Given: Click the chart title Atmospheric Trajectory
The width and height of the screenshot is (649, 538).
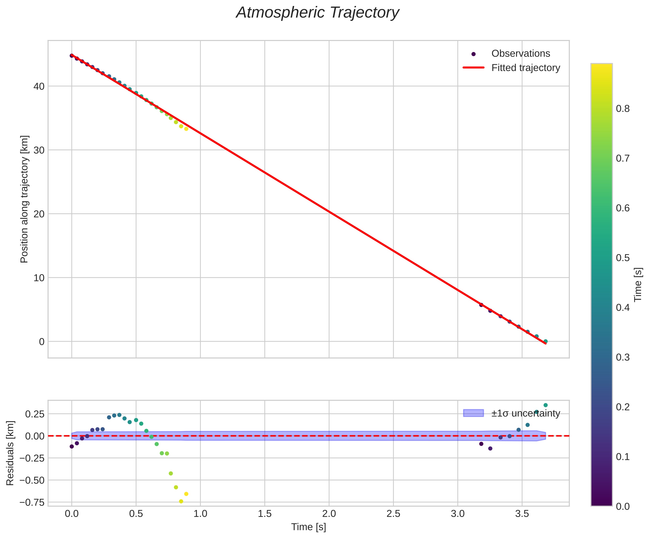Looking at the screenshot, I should click(318, 13).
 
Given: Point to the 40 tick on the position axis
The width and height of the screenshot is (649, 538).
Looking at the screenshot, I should click(39, 86).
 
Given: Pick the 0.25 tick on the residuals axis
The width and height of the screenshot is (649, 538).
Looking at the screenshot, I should click(35, 414).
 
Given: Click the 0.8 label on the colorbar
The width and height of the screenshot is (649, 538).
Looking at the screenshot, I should click(623, 109).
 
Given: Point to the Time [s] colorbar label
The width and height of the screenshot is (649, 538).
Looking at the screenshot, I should click(638, 284).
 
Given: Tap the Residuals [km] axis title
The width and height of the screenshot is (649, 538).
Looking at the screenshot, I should click(10, 453).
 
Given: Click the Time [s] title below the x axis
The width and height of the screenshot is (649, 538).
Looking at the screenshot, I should click(308, 527).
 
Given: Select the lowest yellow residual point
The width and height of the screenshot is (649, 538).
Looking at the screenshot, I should click(181, 501).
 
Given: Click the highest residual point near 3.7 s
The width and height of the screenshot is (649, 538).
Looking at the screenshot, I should click(545, 405).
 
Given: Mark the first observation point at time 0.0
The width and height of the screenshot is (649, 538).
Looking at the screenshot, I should click(72, 56).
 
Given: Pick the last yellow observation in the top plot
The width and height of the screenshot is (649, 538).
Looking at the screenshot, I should click(186, 129).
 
